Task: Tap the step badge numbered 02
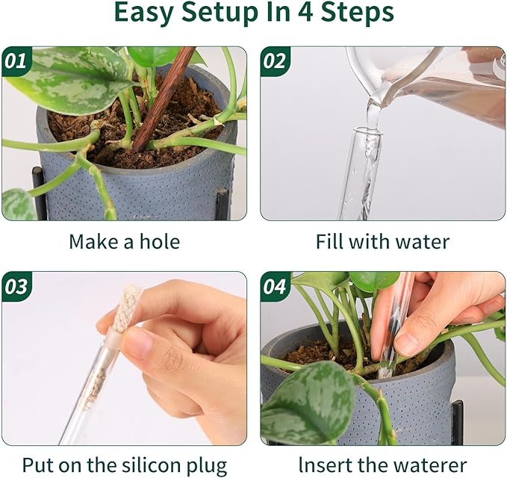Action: pyautogui.click(x=275, y=62)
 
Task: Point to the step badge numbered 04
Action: pyautogui.click(x=275, y=287)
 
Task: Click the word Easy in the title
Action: pyautogui.click(x=146, y=13)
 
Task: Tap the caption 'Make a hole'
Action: pyautogui.click(x=124, y=242)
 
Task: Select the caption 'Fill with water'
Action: pyautogui.click(x=382, y=242)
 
